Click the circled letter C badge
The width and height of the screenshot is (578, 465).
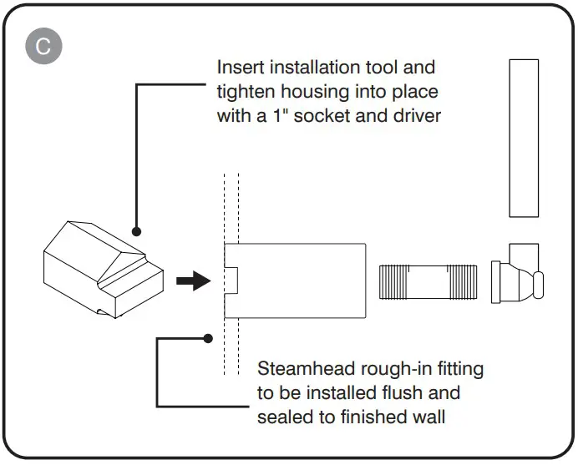(43, 46)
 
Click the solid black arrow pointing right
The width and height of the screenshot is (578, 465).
(193, 281)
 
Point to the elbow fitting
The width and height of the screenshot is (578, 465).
(518, 275)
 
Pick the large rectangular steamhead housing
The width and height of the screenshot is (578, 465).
(297, 281)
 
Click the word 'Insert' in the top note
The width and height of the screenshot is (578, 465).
(241, 67)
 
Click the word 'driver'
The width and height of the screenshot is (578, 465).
(416, 116)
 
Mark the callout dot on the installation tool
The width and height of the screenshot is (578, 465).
(135, 231)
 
